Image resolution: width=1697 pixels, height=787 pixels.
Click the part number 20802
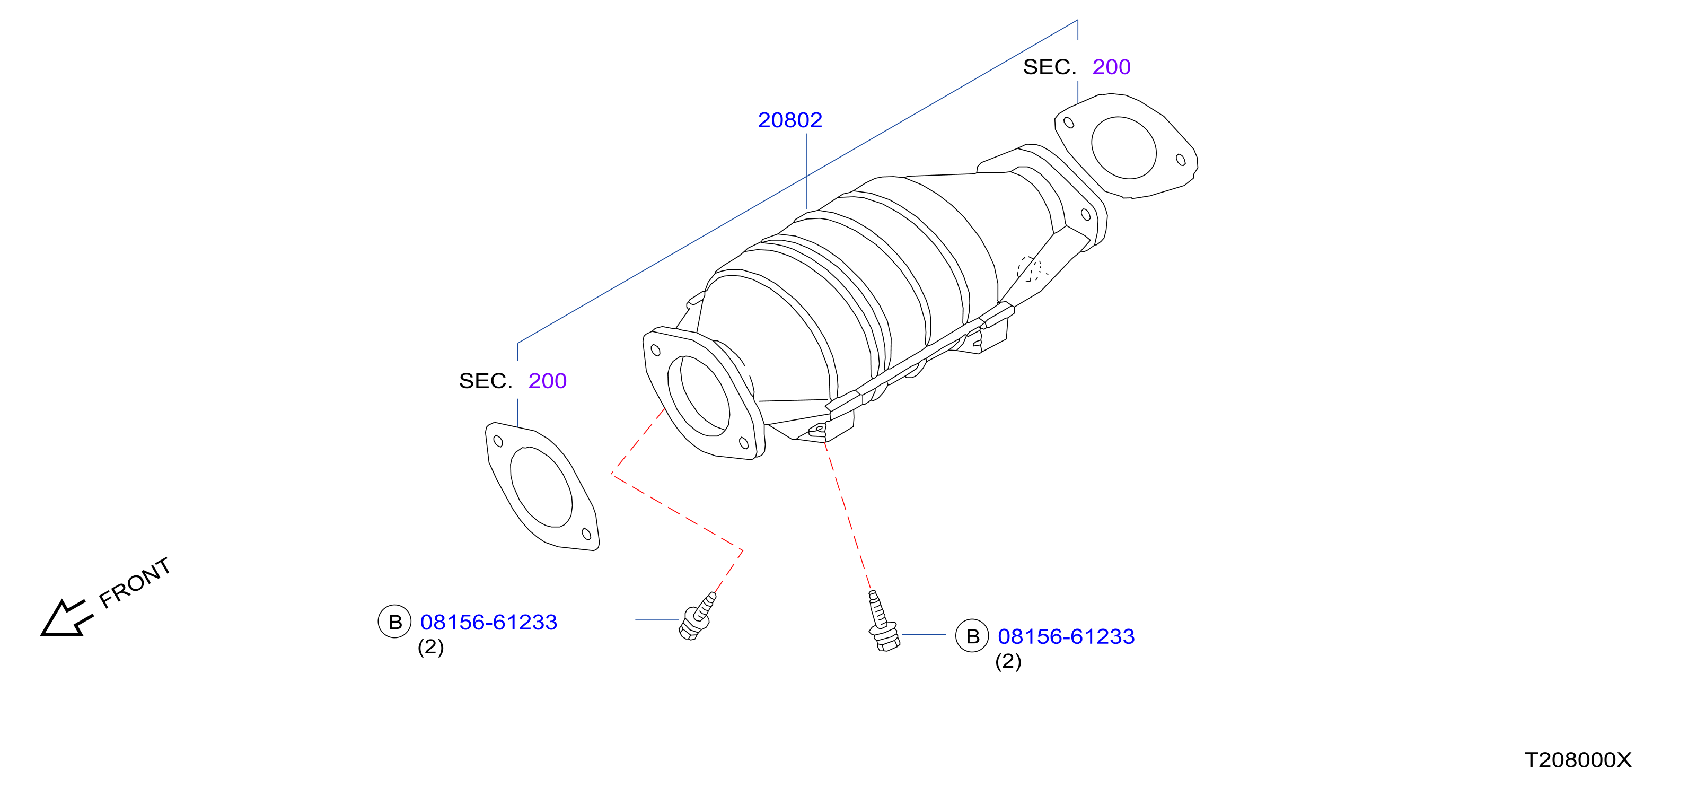(790, 120)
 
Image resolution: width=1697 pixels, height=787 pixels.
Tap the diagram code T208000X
(1578, 760)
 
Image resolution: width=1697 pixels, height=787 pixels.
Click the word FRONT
(135, 583)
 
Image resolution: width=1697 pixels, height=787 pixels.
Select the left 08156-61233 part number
(489, 622)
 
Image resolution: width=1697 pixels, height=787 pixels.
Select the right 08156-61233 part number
(1066, 637)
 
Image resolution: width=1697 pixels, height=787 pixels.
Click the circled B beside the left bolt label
(394, 622)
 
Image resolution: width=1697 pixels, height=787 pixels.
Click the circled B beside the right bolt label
(972, 636)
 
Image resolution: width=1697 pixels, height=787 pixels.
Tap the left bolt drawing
(697, 616)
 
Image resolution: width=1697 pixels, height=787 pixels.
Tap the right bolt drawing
(882, 622)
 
